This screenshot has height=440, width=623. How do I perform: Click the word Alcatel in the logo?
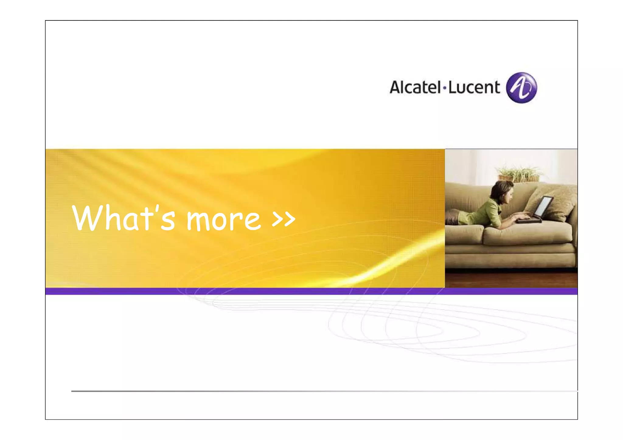415,87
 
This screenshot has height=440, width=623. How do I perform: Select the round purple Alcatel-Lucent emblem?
521,88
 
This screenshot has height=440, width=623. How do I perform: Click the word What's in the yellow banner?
123,218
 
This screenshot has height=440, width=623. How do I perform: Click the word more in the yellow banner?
224,220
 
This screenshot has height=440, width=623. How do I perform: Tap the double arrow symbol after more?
283,218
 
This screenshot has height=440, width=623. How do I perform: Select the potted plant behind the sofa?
519,174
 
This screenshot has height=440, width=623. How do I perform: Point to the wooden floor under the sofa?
511,279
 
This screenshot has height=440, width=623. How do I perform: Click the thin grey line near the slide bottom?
304,391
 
